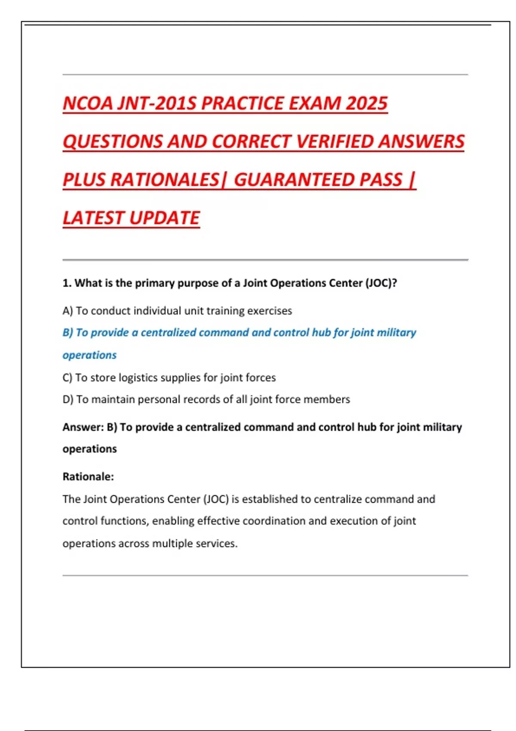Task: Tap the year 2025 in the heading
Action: [x=366, y=104]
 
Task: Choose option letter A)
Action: [x=68, y=311]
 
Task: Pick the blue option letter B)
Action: [x=68, y=333]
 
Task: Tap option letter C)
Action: [x=68, y=378]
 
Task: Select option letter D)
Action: [x=68, y=399]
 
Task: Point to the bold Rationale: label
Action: [x=88, y=476]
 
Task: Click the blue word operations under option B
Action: [x=89, y=355]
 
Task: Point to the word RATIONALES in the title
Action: [x=165, y=180]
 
